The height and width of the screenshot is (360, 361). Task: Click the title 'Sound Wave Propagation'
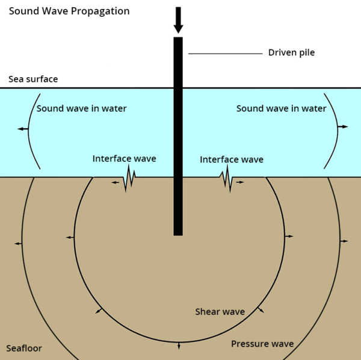tap(69, 11)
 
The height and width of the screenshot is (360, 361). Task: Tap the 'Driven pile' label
tap(291, 53)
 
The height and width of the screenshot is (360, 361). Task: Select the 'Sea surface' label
tap(33, 79)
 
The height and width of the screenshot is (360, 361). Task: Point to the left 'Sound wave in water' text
tap(82, 109)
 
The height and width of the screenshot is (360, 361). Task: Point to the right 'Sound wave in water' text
tap(281, 109)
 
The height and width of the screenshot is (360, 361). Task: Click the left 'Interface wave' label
tap(124, 159)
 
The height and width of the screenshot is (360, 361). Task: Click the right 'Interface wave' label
tap(232, 160)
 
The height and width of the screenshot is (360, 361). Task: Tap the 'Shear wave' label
tap(220, 312)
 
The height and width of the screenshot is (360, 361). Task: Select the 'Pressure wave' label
tap(262, 344)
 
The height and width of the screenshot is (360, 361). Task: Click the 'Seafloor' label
tap(24, 349)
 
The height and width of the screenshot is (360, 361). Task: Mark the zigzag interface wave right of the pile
tap(227, 179)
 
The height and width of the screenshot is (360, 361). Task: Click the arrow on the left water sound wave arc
tap(22, 129)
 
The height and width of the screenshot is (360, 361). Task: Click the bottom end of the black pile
tap(178, 233)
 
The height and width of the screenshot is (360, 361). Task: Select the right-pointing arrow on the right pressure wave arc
tap(344, 241)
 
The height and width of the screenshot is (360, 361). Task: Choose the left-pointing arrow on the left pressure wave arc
tap(18, 243)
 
